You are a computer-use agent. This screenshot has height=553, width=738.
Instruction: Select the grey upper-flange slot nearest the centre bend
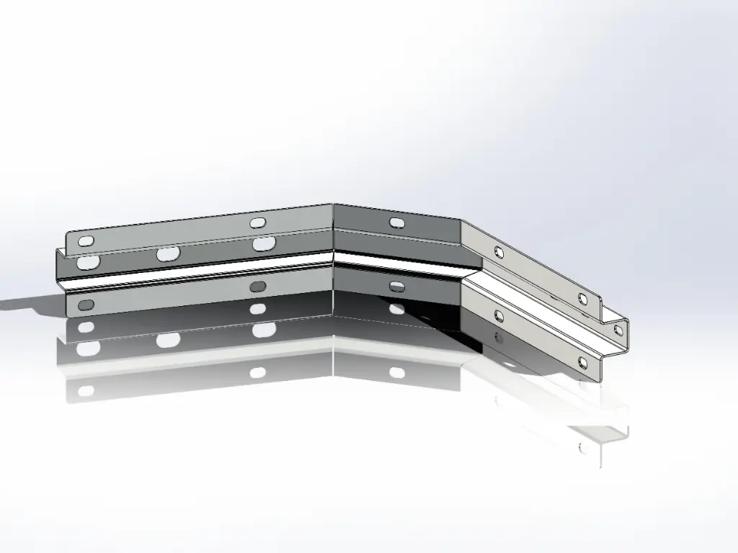click(258, 222)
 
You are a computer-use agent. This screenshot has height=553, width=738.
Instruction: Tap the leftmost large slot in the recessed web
click(87, 261)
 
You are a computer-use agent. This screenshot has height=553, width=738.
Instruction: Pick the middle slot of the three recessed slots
click(168, 254)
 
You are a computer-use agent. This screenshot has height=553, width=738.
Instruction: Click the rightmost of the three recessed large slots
click(264, 243)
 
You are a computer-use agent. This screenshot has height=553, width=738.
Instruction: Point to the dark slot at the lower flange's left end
click(86, 305)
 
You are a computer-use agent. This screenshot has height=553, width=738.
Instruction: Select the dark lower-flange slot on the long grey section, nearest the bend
click(257, 287)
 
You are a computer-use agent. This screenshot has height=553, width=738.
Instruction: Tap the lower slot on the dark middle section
click(396, 287)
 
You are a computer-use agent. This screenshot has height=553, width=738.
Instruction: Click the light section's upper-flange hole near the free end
click(583, 298)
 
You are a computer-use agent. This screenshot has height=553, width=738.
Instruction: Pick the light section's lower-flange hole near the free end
click(583, 362)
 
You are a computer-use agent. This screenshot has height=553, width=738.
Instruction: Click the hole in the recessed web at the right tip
click(617, 329)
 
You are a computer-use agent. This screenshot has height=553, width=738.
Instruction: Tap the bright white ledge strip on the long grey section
click(202, 274)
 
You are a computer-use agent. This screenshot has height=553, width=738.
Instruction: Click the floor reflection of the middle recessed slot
click(168, 339)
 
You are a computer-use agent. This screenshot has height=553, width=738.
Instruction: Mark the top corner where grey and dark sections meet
click(333, 204)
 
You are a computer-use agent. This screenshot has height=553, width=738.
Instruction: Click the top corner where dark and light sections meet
click(461, 220)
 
